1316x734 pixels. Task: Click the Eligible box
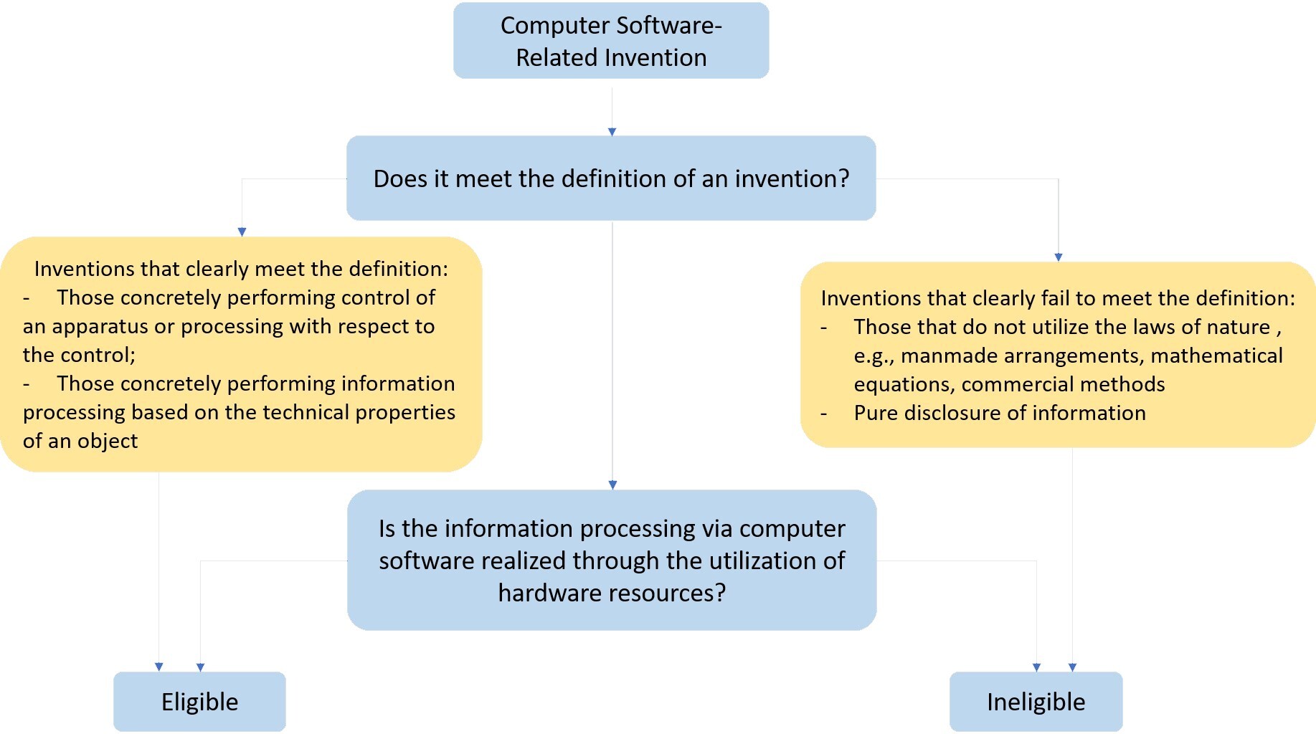point(199,701)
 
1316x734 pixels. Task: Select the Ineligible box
point(1036,701)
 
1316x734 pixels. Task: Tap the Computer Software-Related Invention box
point(611,41)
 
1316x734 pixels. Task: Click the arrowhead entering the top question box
point(612,132)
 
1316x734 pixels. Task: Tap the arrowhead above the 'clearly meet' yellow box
point(242,232)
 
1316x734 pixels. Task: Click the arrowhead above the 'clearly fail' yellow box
point(1059,257)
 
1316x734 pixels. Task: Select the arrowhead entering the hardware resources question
point(612,485)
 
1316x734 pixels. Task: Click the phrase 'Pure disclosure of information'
point(1000,413)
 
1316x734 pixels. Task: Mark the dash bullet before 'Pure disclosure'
point(824,414)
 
